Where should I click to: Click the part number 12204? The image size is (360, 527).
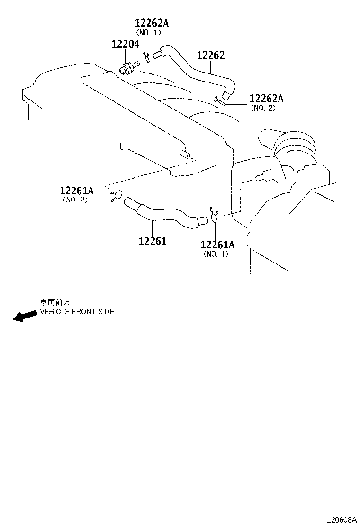click(125, 44)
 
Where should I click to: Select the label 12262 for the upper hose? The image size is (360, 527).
click(211, 55)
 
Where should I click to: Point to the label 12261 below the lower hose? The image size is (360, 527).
click(153, 241)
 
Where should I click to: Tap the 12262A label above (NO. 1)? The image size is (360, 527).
click(152, 23)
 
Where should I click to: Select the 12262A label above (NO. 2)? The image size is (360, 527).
click(266, 99)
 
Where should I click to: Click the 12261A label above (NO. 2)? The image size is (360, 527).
click(77, 191)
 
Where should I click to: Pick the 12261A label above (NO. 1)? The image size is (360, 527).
click(217, 245)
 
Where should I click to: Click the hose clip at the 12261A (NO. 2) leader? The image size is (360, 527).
click(116, 196)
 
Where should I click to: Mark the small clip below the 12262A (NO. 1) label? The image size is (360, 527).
click(147, 56)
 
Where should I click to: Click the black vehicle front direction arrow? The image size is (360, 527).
click(25, 316)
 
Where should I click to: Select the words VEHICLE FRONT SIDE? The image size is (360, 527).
click(77, 312)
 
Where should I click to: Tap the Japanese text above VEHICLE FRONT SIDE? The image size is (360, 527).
click(55, 302)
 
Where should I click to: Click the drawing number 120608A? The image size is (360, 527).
click(342, 520)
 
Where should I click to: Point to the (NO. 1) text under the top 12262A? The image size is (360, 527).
click(148, 32)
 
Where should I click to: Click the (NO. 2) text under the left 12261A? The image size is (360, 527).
click(75, 200)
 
